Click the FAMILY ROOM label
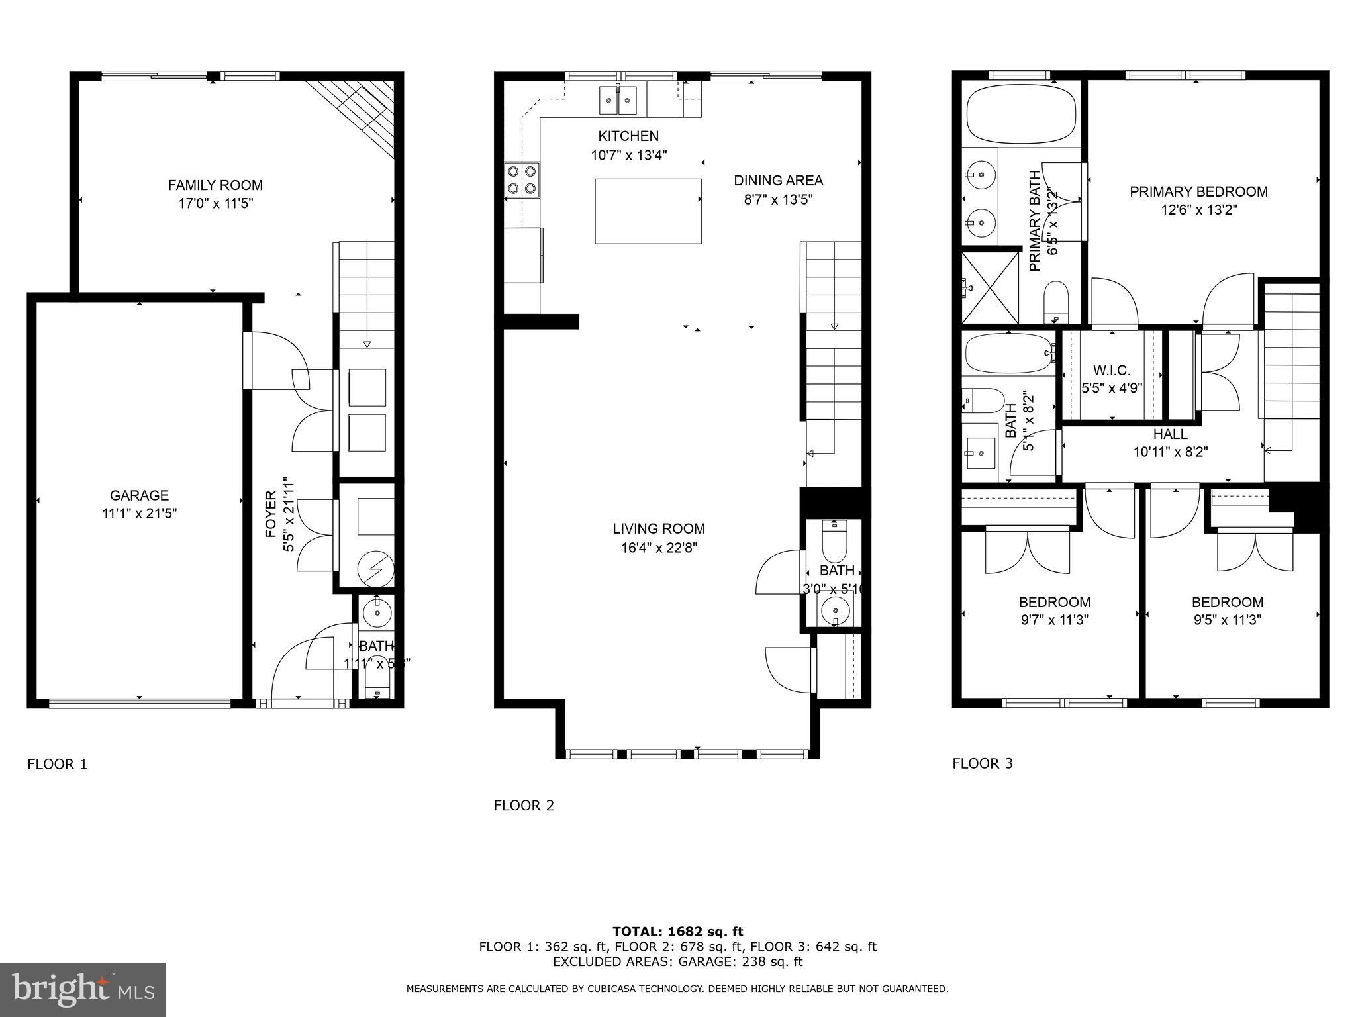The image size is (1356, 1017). click(x=215, y=185)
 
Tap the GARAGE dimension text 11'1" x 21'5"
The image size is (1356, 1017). click(x=139, y=513)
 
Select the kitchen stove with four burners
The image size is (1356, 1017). click(x=521, y=179)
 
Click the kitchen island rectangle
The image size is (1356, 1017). click(x=648, y=211)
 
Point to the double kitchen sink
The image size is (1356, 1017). click(x=618, y=100)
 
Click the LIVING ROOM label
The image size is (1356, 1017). click(x=658, y=528)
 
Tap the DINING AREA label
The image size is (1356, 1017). click(x=778, y=180)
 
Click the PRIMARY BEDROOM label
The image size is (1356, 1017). click(x=1198, y=192)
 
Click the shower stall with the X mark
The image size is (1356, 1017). click(x=990, y=288)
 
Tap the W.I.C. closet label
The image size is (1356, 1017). click(x=1112, y=371)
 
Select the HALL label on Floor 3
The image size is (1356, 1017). click(x=1170, y=434)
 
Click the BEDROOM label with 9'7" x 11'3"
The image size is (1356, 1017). click(x=1054, y=603)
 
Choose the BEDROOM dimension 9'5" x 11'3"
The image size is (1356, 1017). click(x=1228, y=620)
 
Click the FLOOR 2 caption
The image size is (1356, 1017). click(x=524, y=806)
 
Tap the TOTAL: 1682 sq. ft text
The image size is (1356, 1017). click(x=677, y=932)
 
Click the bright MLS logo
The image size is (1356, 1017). click(x=83, y=989)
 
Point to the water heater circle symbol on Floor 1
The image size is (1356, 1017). click(x=375, y=569)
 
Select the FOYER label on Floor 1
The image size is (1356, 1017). click(x=270, y=513)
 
